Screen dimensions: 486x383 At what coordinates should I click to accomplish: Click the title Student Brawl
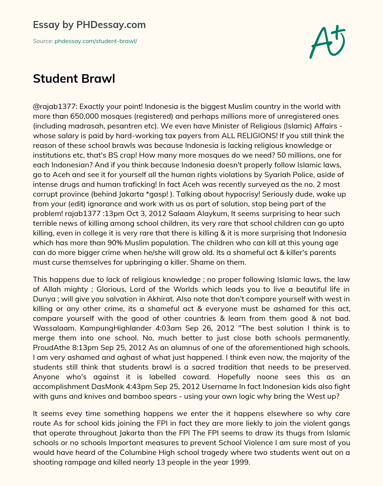point(74,79)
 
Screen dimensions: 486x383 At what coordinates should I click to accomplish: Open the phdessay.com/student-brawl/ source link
point(96,41)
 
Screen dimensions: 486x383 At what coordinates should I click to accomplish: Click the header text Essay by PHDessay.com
point(89,25)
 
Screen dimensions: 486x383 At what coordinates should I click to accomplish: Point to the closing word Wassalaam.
point(50,328)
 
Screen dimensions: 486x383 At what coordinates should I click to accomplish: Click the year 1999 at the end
point(240,462)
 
